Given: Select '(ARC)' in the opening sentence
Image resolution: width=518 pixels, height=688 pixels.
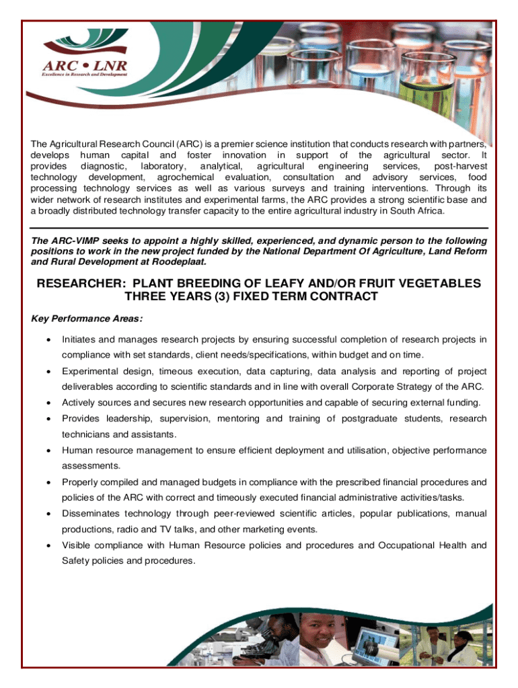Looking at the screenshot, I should [x=192, y=144].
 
